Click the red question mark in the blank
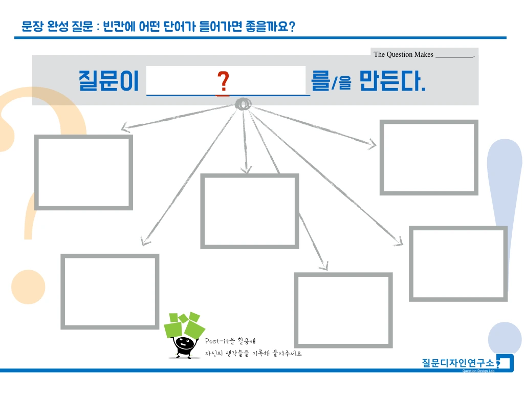(223, 82)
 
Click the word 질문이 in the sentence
(108, 81)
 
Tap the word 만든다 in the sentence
(392, 80)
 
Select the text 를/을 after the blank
(331, 81)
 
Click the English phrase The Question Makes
(403, 55)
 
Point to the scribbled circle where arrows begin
(243, 104)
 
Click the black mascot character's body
(184, 346)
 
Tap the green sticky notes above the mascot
(185, 324)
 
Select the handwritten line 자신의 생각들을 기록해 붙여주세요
(253, 354)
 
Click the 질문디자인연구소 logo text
(457, 363)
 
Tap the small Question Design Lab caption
(478, 370)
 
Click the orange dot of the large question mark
(29, 287)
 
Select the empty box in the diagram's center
(249, 211)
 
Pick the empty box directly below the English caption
(428, 158)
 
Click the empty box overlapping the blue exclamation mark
(458, 264)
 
